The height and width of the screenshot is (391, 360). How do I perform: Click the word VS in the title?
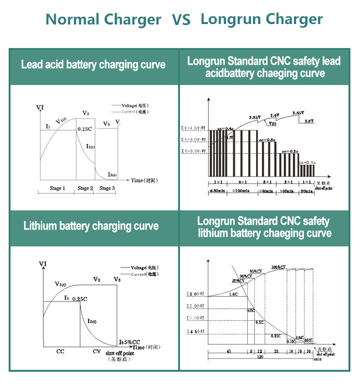pyautogui.click(x=181, y=20)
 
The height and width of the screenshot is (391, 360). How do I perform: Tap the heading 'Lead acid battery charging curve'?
pyautogui.click(x=93, y=65)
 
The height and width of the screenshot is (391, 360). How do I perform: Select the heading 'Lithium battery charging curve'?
pyautogui.click(x=91, y=226)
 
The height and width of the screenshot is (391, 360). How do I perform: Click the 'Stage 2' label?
pyautogui.click(x=85, y=188)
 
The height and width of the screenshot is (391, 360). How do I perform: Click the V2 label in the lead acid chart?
pyautogui.click(x=85, y=113)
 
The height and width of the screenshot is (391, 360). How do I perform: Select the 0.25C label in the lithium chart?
pyautogui.click(x=79, y=299)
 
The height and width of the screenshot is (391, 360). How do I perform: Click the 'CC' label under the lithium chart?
pyautogui.click(x=60, y=351)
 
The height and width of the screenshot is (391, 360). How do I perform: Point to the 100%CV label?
pyautogui.click(x=277, y=267)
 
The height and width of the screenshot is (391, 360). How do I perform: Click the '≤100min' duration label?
pyautogui.click(x=245, y=191)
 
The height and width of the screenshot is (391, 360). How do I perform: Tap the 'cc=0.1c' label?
pyautogui.click(x=307, y=163)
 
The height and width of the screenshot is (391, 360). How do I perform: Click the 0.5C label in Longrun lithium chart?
pyautogui.click(x=260, y=322)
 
